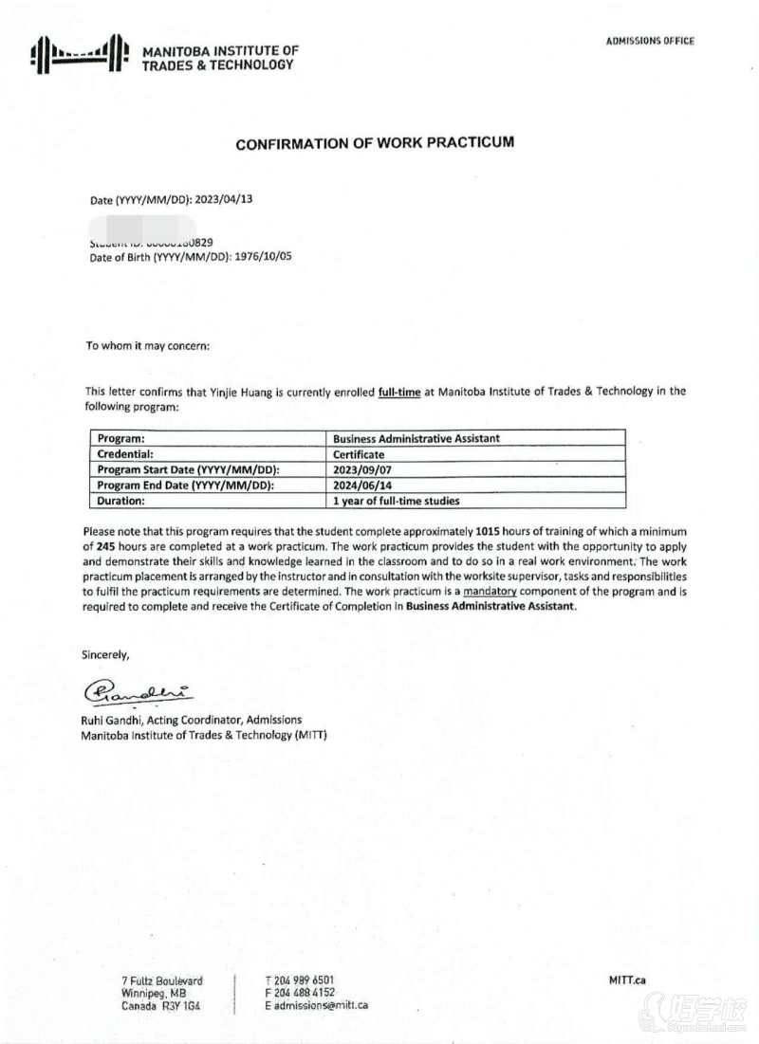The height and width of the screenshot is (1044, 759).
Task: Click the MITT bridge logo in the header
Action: point(79,55)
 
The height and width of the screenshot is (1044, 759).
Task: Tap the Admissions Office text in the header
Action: point(650,41)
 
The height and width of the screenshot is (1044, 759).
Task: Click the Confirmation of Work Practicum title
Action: point(375,143)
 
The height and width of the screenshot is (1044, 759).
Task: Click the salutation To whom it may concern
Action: point(148,345)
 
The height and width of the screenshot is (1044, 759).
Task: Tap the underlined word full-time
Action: point(399,391)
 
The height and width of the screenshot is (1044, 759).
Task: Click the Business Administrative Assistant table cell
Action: point(417,438)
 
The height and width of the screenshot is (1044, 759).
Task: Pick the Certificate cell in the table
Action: point(360,454)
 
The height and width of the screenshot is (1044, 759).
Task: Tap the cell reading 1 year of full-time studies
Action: point(397,501)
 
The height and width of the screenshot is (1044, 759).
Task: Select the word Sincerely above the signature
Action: point(105,654)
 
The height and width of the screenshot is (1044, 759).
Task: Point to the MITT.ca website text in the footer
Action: point(627,980)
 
